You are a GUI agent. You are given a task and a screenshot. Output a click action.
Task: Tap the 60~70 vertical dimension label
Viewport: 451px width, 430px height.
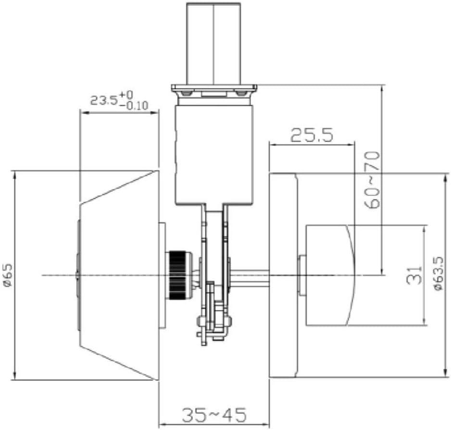click(x=373, y=179)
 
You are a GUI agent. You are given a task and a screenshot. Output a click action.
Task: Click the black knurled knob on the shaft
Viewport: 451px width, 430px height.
click(x=179, y=275)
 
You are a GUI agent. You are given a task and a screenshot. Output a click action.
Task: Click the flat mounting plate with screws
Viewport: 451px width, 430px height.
click(x=214, y=90)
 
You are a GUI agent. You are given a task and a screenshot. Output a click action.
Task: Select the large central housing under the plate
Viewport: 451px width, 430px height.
click(x=213, y=154)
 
